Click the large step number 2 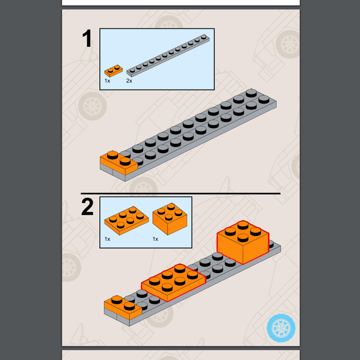pyautogui.click(x=87, y=207)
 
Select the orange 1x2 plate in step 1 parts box pyautogui.click(x=113, y=71)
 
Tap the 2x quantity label pyautogui.click(x=129, y=81)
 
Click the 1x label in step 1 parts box pyautogui.click(x=107, y=81)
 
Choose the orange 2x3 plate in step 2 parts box pyautogui.click(x=126, y=220)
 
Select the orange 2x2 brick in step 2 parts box pyautogui.click(x=170, y=220)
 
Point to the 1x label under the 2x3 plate pyautogui.click(x=107, y=239)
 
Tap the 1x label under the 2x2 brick pyautogui.click(x=155, y=239)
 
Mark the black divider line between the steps pyautogui.click(x=180, y=193)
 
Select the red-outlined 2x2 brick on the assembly pyautogui.click(x=243, y=243)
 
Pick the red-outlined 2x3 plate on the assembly pyautogui.click(x=173, y=282)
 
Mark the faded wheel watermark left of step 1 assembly pyautogui.click(x=92, y=106)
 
